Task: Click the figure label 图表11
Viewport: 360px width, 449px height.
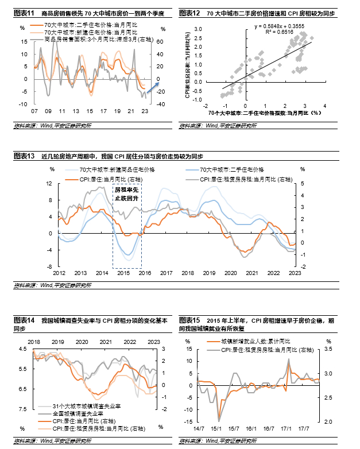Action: click(x=24, y=13)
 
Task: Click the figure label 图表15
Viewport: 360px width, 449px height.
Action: click(x=190, y=319)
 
